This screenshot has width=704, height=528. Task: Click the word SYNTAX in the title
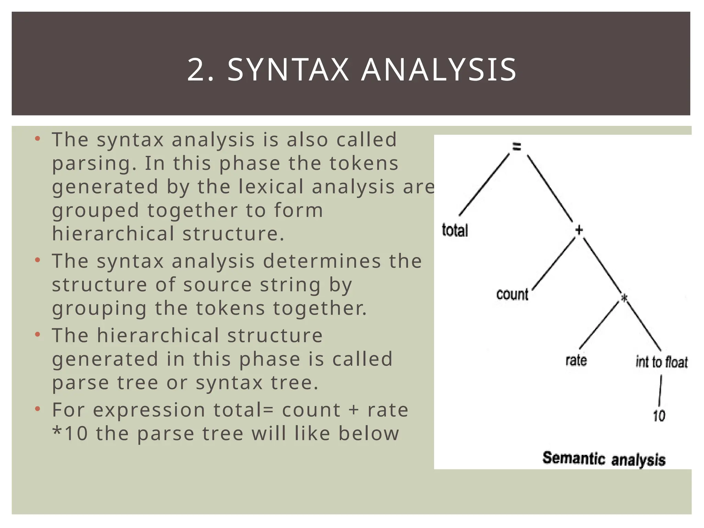288,70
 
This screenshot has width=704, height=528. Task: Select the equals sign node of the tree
517,147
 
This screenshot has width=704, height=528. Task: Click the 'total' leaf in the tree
455,230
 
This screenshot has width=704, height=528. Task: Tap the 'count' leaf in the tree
512,295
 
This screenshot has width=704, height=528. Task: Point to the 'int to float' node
661,362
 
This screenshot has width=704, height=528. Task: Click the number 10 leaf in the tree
659,416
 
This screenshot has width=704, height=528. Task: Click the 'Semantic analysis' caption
604,459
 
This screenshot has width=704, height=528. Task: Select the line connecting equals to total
484,185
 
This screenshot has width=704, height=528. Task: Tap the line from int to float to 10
660,390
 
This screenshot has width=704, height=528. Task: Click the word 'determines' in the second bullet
322,261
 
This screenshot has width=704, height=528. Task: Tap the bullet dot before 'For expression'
38,409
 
